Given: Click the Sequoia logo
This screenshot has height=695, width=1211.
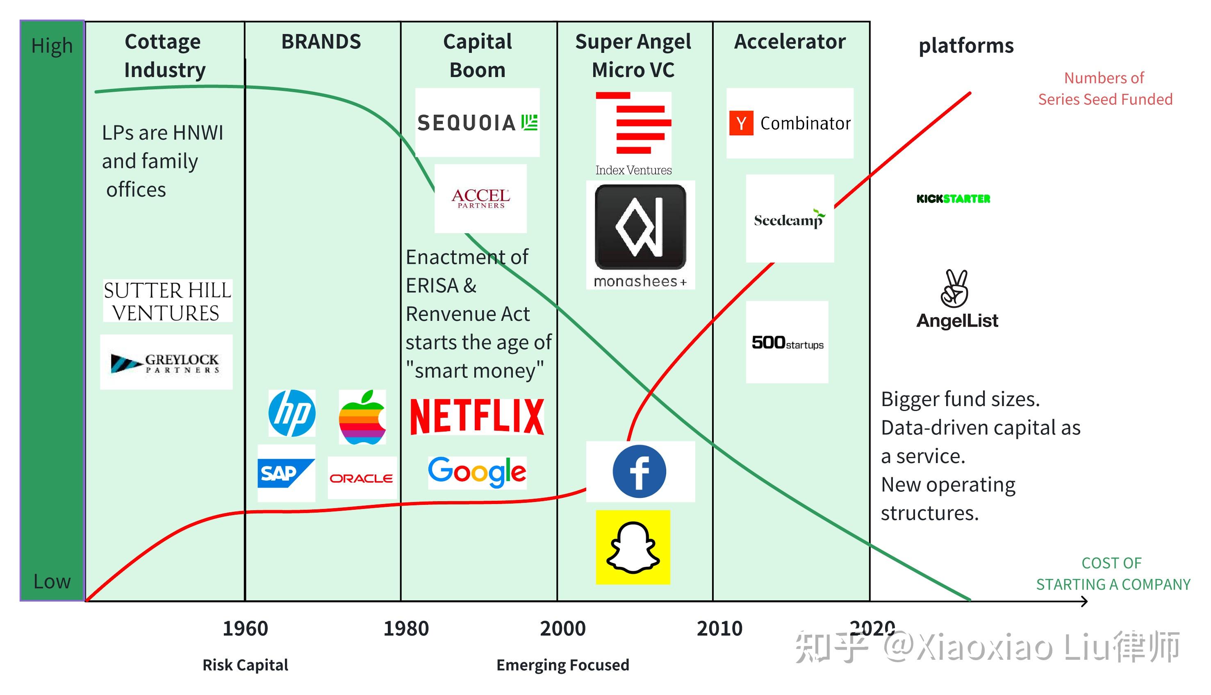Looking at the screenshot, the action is coord(477,123).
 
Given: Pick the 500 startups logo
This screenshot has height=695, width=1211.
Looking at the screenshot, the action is coord(787,342).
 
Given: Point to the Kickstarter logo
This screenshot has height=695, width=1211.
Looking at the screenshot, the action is coord(953,199).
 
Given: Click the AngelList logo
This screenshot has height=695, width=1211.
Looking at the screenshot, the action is coord(956,299).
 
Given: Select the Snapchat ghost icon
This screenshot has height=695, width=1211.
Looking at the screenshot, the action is coord(633,547).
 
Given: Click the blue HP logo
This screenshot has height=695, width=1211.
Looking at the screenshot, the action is coord(291,413).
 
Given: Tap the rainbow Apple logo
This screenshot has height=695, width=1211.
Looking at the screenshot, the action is coord(362,417).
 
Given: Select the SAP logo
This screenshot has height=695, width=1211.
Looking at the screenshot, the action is coord(286,473).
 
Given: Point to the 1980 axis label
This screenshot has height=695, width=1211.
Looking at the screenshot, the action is coord(406,628).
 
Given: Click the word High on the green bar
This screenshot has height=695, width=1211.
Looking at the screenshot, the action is coord(52,46).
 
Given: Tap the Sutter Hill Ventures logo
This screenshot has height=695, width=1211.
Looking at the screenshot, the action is coord(167,301).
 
